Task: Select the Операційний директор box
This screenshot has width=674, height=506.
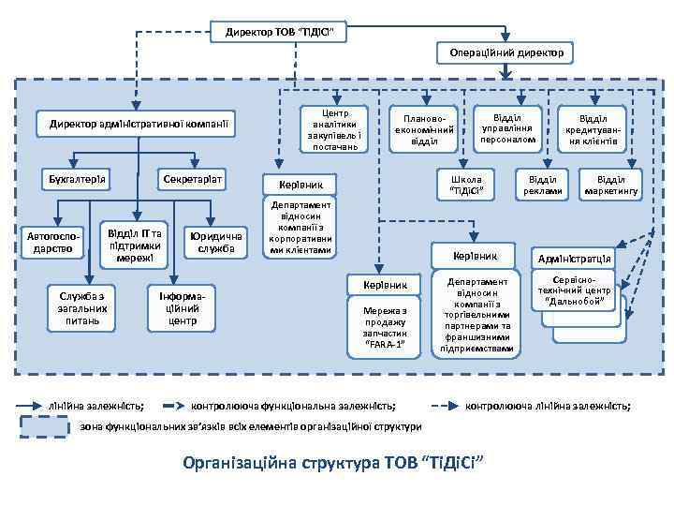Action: tap(505, 54)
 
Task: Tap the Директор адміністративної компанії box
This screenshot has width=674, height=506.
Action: tap(137, 124)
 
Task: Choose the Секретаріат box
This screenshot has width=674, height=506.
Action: tap(193, 178)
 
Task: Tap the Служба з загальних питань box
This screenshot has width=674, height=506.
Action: tap(83, 308)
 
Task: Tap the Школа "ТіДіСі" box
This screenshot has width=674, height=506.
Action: tap(467, 185)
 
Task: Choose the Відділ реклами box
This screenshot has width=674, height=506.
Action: tap(542, 185)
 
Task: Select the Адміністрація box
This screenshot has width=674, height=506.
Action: tap(574, 259)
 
